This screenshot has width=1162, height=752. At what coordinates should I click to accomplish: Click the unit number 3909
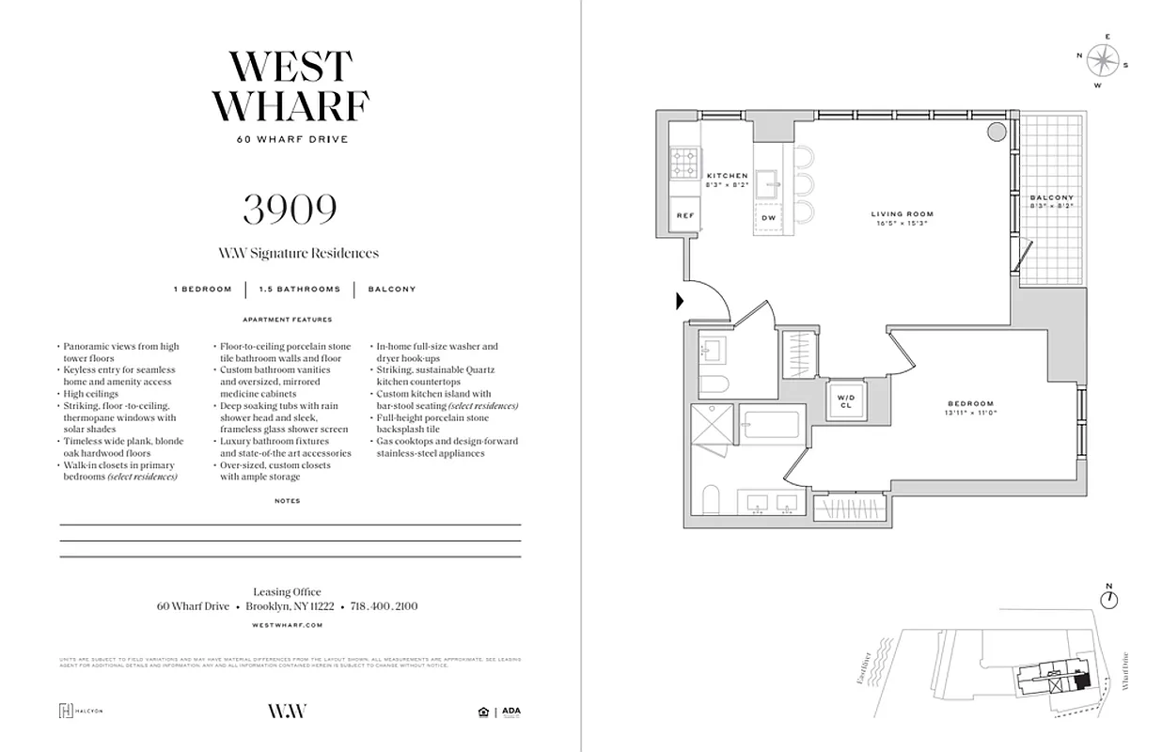290,208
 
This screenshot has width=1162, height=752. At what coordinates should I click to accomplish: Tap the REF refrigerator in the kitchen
685,215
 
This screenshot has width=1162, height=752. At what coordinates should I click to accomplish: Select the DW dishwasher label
768,217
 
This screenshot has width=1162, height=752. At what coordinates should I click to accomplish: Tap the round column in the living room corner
996,132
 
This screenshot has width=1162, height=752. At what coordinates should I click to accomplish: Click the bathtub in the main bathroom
769,424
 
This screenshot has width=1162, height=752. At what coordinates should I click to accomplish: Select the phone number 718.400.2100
383,606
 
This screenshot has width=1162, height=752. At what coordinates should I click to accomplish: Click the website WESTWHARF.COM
288,624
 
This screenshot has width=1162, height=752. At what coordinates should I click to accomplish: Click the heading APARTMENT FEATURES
287,320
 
